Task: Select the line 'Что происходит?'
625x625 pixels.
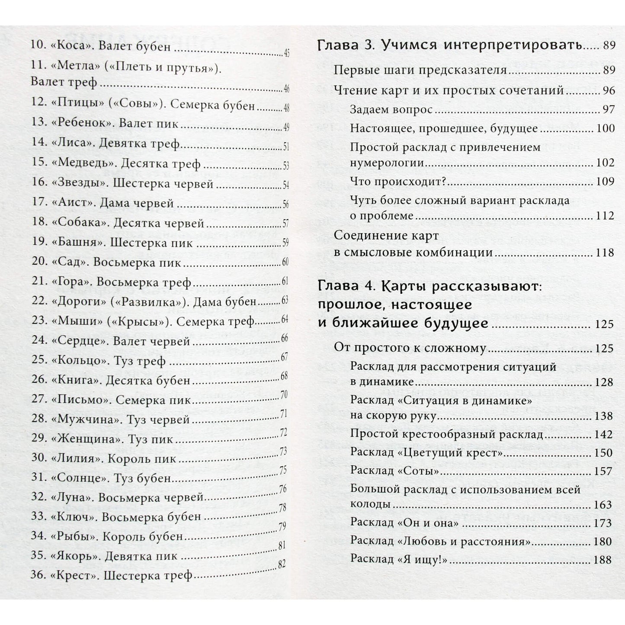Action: click(397, 182)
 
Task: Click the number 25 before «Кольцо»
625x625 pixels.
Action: click(39, 361)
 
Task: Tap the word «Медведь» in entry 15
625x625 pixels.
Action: click(81, 164)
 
